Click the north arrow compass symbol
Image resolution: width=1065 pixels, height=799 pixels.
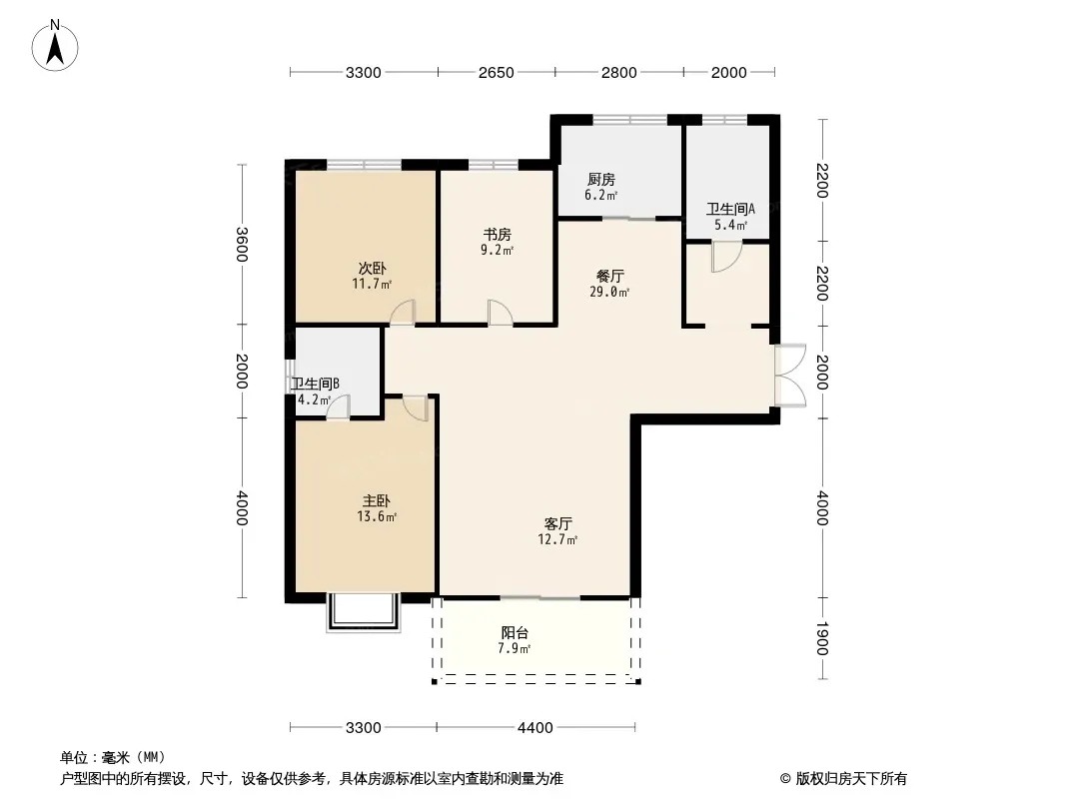coord(55,46)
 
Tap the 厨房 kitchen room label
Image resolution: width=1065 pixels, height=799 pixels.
coord(601,179)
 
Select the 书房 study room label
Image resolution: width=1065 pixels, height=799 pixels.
coord(498,234)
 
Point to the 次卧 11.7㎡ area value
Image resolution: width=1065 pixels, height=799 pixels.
coord(372,284)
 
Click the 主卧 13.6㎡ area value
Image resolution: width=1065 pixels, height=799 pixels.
coord(377,516)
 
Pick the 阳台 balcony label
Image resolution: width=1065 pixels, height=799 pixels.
coord(515,632)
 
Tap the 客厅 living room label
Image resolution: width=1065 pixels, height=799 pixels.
coord(557,523)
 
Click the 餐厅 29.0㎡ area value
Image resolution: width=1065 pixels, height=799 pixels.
coord(609,292)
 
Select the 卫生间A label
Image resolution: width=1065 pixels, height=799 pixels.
coord(730,209)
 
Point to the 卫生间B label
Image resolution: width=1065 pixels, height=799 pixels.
coord(315,384)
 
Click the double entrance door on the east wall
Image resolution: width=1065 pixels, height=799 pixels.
coord(790,376)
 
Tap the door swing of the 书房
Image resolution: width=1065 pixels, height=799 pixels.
coord(500,313)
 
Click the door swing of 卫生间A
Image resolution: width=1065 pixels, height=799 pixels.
coord(726,258)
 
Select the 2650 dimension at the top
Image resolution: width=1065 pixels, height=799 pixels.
coord(496,73)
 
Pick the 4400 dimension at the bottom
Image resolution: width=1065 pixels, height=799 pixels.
coord(535,728)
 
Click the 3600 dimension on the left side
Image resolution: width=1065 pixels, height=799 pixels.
coord(242,245)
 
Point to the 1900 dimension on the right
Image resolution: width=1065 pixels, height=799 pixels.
coord(822,638)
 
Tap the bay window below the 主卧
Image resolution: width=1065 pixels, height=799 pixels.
coord(364,612)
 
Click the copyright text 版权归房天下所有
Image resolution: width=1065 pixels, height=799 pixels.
coord(851,779)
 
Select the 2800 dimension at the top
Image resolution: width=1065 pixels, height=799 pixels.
coord(618,73)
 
